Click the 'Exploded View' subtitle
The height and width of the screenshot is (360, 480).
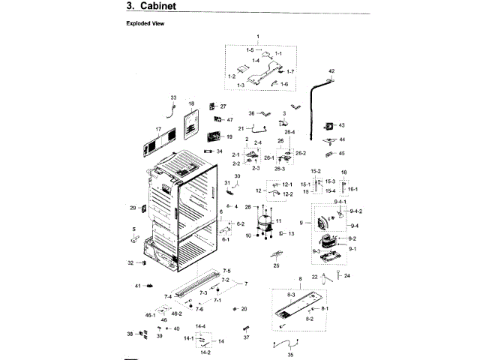click(x=144, y=23)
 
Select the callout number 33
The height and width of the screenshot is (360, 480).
click(x=173, y=98)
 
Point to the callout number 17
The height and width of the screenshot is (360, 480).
click(x=158, y=129)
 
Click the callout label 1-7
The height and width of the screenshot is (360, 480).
click(x=290, y=71)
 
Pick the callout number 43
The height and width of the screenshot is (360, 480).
click(x=341, y=125)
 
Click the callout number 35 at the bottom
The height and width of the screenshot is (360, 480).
click(x=291, y=355)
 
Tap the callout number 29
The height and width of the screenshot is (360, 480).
click(x=133, y=208)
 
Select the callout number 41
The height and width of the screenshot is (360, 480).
click(x=138, y=286)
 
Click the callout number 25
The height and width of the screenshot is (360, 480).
click(x=276, y=265)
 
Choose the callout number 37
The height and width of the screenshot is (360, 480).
click(x=246, y=337)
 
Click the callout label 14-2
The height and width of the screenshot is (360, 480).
click(x=205, y=352)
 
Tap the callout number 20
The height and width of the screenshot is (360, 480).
click(x=244, y=309)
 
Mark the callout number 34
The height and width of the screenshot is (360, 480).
click(x=220, y=151)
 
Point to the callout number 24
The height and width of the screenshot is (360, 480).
click(x=347, y=275)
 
